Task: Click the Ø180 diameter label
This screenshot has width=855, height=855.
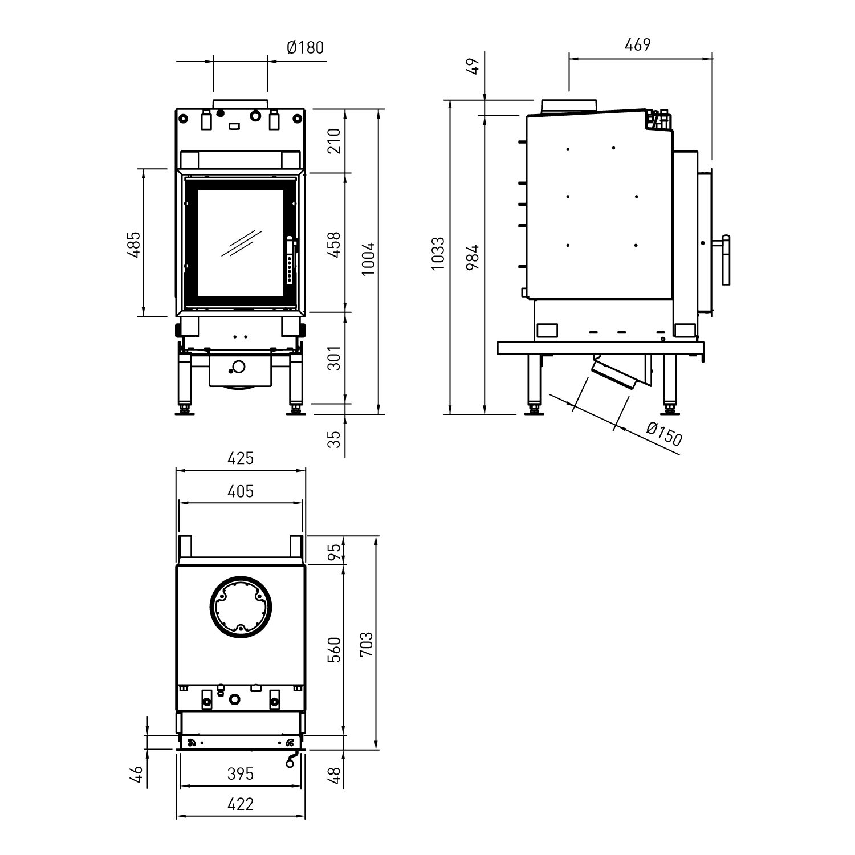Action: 305,47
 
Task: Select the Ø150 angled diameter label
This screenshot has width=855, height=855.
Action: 665,434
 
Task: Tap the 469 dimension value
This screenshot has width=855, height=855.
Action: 637,44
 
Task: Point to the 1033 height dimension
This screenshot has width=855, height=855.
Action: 438,253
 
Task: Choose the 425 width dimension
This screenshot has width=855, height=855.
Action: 240,458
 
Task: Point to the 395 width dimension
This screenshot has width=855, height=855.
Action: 240,773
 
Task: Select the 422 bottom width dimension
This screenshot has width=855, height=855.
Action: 240,804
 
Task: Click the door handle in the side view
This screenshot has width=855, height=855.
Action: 726,259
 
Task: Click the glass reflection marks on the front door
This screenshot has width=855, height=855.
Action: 242,243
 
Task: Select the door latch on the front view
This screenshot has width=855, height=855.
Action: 291,259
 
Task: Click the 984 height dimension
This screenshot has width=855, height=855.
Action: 472,257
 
